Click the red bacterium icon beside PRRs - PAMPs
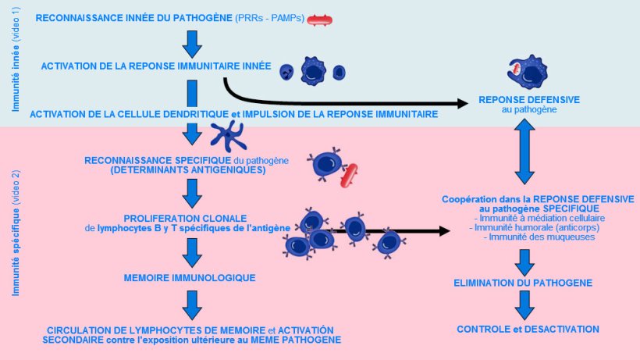point(322,19)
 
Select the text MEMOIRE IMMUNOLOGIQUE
point(190,277)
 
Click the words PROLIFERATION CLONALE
point(185,217)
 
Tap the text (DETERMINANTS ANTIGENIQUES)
point(187,169)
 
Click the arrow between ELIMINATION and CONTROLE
point(524,304)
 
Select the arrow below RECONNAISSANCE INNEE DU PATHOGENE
point(191,42)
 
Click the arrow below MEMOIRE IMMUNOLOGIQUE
point(191,303)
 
